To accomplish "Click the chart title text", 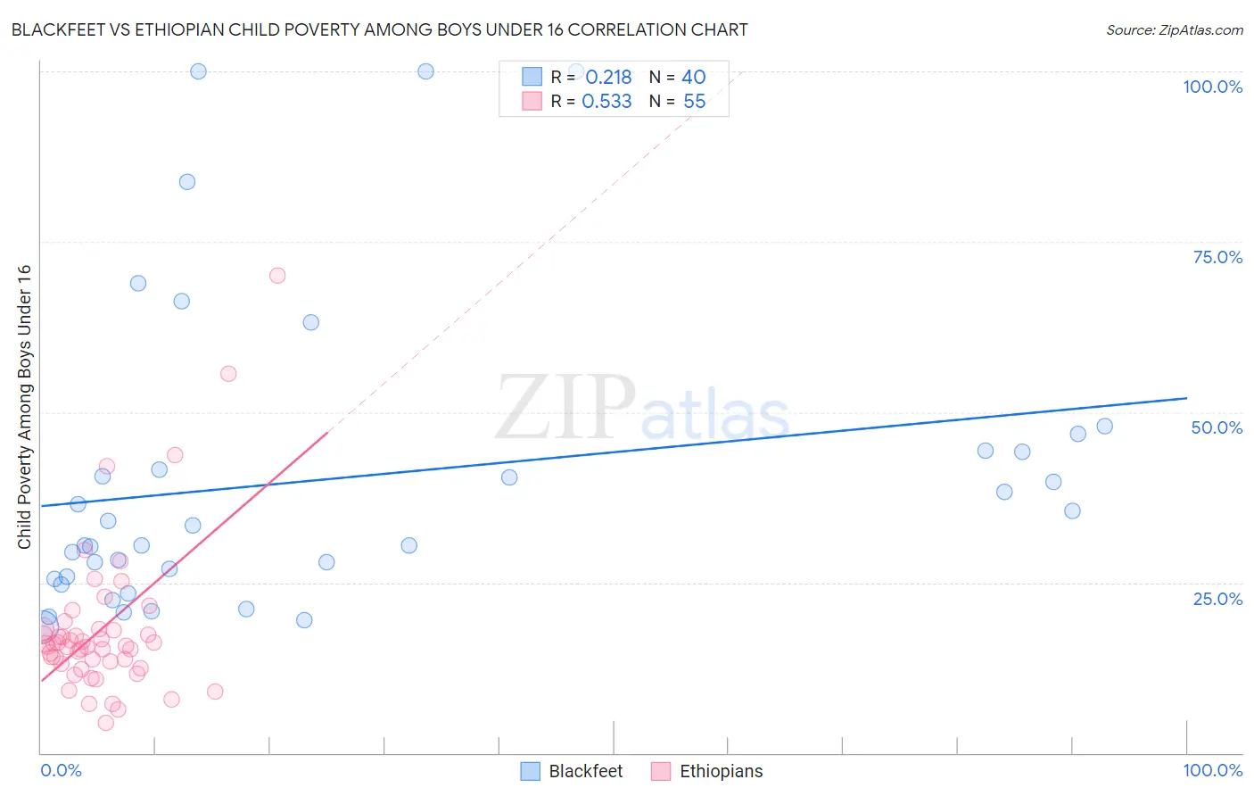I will [x=379, y=29].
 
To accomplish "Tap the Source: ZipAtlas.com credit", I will [x=1174, y=29].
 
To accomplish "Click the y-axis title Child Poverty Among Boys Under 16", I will [x=24, y=407].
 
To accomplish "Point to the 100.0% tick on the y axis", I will [x=1212, y=87].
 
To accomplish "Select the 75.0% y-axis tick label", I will [x=1217, y=257].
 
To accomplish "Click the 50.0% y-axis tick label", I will [x=1217, y=427].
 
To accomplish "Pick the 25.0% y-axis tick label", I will [x=1217, y=599].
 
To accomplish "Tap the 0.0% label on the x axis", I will [x=61, y=770].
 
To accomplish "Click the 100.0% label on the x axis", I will [x=1212, y=770].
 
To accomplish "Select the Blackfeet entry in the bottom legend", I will [x=571, y=771].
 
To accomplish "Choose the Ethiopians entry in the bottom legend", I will [x=707, y=771].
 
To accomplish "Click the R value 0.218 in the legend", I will [x=608, y=78].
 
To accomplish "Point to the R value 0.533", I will [x=606, y=102].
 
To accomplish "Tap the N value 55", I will [x=694, y=102].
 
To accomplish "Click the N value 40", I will [x=694, y=78].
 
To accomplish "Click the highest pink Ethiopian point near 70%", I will [x=277, y=276].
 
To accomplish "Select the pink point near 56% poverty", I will [x=228, y=374].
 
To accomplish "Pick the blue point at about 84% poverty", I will [x=187, y=182].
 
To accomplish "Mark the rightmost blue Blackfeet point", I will [x=1105, y=427].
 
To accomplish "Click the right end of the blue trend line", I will [x=1186, y=398].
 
